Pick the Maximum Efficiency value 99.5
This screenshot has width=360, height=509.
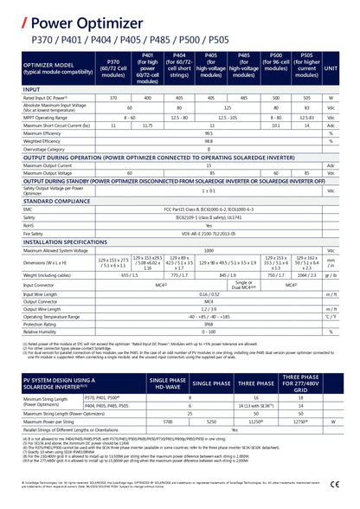point(209,133)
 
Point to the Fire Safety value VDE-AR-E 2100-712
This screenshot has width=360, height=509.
point(209,232)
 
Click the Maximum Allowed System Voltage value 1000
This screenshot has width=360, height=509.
point(209,249)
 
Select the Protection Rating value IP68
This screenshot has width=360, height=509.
point(209,324)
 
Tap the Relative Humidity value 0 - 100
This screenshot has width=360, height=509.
point(209,332)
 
